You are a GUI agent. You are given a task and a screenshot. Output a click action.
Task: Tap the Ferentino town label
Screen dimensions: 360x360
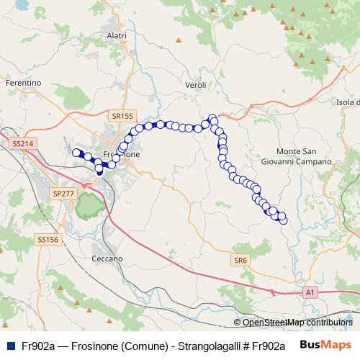pyautogui.click(x=22, y=84)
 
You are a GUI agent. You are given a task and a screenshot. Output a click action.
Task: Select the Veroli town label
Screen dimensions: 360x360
pyautogui.click(x=196, y=85)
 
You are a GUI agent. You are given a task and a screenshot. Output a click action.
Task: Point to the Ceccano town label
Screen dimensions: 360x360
pyautogui.click(x=108, y=258)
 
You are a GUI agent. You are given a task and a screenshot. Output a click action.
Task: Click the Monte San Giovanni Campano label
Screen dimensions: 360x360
pyautogui.click(x=304, y=156)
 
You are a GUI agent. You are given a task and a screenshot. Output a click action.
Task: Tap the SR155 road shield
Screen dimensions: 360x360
pyautogui.click(x=123, y=115)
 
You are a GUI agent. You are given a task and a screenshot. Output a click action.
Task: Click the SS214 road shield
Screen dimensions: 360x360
pyautogui.click(x=23, y=144)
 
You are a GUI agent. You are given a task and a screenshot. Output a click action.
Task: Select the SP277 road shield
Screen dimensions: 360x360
pyautogui.click(x=64, y=194)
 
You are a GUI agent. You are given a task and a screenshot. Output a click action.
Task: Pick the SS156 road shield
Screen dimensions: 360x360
pyautogui.click(x=48, y=239)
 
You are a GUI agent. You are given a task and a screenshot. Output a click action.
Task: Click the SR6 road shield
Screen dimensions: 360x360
pyautogui.click(x=240, y=259)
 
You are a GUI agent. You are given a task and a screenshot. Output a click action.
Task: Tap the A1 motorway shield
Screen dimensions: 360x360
pyautogui.click(x=310, y=292)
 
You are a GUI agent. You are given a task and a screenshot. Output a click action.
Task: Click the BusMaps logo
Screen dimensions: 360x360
pyautogui.click(x=325, y=343)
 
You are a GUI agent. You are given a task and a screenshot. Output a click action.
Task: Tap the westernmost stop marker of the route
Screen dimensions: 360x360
pyautogui.click(x=75, y=152)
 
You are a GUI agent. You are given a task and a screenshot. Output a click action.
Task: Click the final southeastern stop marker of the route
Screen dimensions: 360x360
pyautogui.click(x=282, y=220)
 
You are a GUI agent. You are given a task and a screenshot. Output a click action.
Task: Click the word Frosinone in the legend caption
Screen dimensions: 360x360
pyautogui.click(x=101, y=345)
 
